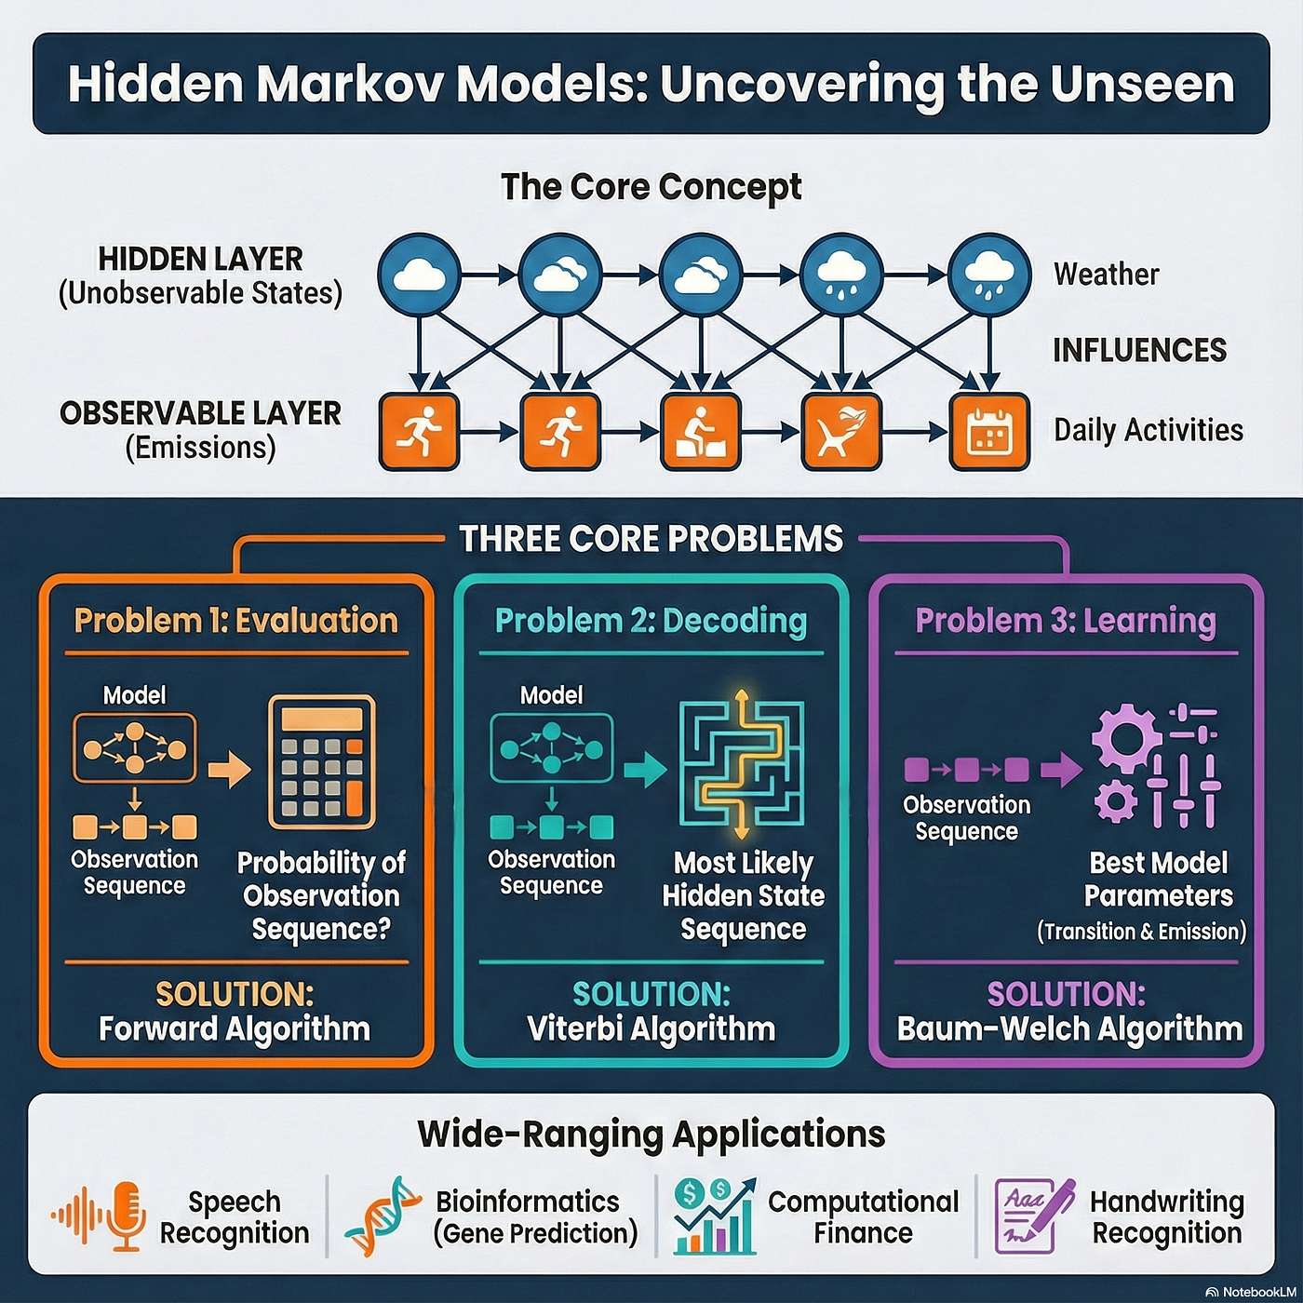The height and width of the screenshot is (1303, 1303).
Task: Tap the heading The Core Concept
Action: click(x=651, y=187)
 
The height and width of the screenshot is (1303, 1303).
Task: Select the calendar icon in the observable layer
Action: click(x=989, y=432)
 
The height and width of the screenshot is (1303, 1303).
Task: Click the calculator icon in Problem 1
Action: click(x=322, y=761)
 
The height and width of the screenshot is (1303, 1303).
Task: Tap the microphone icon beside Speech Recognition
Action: click(x=127, y=1216)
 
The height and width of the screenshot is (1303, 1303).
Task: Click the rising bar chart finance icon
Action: click(x=714, y=1216)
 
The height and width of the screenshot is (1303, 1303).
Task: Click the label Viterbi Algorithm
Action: click(x=651, y=1029)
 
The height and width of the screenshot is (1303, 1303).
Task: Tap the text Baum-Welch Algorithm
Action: click(x=1069, y=1029)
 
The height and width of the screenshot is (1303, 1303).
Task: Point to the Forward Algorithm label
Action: click(x=235, y=1029)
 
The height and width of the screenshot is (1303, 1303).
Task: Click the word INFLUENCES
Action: click(x=1139, y=350)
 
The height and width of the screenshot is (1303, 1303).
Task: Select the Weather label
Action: click(x=1107, y=275)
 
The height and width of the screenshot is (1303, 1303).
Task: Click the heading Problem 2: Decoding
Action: click(x=651, y=621)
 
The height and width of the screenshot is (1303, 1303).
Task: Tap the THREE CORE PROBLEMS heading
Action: click(x=651, y=539)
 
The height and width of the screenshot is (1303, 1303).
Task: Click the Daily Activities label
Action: click(x=1149, y=430)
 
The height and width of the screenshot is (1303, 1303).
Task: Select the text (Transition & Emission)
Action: click(x=1141, y=932)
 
